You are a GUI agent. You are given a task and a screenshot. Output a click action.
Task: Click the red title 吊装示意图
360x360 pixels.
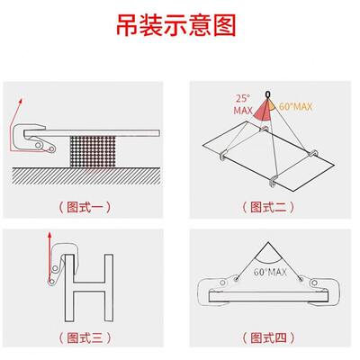(x=180, y=24)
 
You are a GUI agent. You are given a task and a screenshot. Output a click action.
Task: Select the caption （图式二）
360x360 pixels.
(x=269, y=206)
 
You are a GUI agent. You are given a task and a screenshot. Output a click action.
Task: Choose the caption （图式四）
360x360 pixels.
(x=269, y=338)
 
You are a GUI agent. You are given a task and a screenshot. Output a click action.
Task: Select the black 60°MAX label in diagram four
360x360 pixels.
(x=270, y=270)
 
